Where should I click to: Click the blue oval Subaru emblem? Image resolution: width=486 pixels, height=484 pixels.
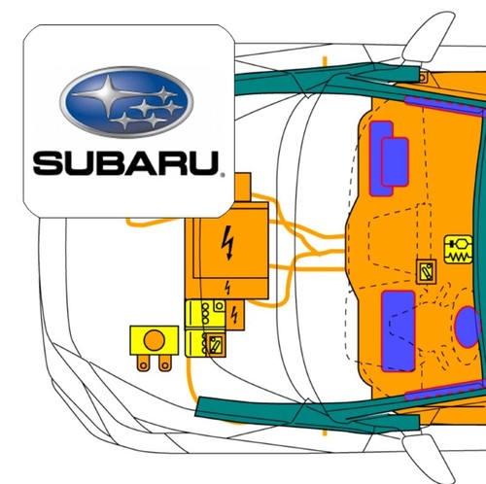pyautogui.click(x=126, y=102)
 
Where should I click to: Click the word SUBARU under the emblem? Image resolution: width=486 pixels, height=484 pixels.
pyautogui.click(x=125, y=163)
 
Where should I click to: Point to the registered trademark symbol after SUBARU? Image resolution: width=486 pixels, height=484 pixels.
pyautogui.click(x=222, y=175)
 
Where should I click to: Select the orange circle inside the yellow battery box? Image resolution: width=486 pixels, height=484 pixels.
pyautogui.click(x=155, y=340)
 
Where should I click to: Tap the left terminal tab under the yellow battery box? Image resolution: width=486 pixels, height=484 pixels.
pyautogui.click(x=143, y=363)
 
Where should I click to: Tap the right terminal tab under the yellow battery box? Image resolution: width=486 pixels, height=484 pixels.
pyautogui.click(x=165, y=363)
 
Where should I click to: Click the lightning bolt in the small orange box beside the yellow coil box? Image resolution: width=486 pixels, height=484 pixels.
pyautogui.click(x=234, y=315)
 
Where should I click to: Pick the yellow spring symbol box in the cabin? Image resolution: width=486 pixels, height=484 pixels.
pyautogui.click(x=459, y=249)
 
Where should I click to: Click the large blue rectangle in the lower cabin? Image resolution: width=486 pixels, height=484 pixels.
pyautogui.click(x=399, y=330)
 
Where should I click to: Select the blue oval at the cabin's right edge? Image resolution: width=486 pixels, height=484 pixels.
pyautogui.click(x=469, y=327)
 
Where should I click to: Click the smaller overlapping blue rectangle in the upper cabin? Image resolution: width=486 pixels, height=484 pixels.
pyautogui.click(x=395, y=162)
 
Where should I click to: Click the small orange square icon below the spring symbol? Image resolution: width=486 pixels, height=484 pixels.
pyautogui.click(x=426, y=272)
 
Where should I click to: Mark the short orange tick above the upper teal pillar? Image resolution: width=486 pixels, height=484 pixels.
pyautogui.click(x=325, y=61)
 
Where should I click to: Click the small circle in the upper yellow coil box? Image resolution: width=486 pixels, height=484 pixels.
pyautogui.click(x=220, y=305)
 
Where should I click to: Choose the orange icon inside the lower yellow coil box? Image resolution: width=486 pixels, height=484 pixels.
pyautogui.click(x=215, y=345)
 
